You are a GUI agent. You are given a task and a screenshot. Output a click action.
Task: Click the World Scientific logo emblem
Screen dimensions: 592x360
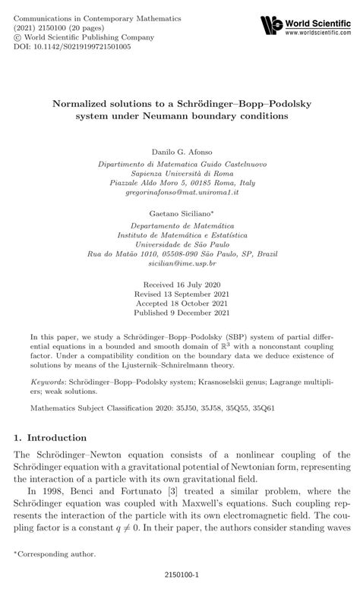tap(271, 26)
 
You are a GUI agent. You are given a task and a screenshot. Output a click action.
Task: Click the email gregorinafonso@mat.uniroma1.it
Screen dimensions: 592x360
tap(180, 193)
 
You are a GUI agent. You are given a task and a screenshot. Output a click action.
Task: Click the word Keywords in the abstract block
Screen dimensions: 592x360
tap(49, 386)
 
